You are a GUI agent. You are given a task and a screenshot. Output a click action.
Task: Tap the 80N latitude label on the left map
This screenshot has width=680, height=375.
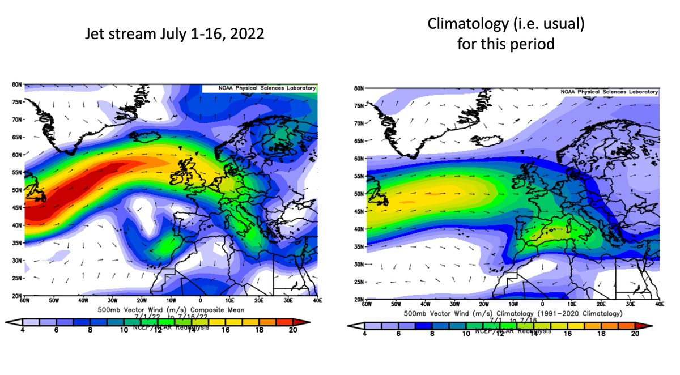16,84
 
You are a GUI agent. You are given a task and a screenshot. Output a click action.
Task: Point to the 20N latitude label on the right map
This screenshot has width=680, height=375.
359,299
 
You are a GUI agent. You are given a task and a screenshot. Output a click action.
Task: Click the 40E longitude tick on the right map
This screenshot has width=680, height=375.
659,304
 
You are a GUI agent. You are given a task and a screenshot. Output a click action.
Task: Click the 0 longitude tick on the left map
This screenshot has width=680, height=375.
200,300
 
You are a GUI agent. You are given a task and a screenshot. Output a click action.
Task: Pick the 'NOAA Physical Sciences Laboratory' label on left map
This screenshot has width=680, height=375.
259,88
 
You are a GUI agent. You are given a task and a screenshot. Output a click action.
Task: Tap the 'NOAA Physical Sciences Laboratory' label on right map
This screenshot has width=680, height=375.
609,92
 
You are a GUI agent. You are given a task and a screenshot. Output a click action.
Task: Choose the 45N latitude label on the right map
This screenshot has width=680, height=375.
359,211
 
